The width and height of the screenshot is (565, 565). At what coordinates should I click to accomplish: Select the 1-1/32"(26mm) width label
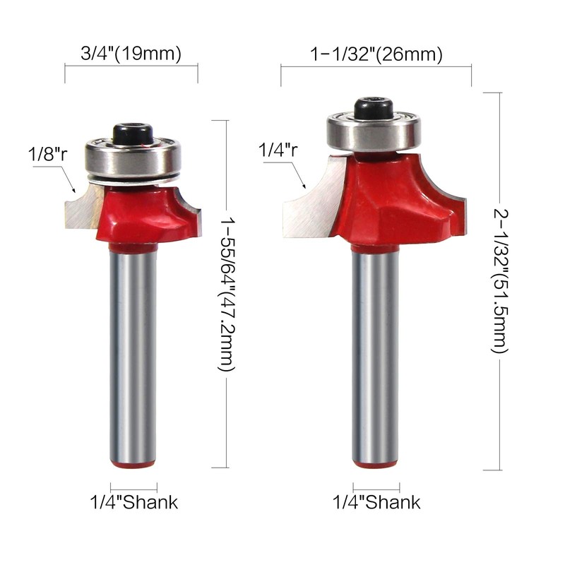coord(376,54)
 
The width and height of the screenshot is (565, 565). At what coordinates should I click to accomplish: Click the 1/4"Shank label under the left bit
coord(133,503)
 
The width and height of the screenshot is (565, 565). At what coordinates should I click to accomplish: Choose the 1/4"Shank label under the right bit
coord(376,503)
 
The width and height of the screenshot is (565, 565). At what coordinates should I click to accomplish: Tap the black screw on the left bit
coord(134,132)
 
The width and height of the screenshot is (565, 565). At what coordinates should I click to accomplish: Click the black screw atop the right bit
coord(374,108)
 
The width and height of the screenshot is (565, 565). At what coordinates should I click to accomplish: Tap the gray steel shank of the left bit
coord(134,353)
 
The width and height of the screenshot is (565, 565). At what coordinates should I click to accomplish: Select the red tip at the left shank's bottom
coord(134,465)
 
